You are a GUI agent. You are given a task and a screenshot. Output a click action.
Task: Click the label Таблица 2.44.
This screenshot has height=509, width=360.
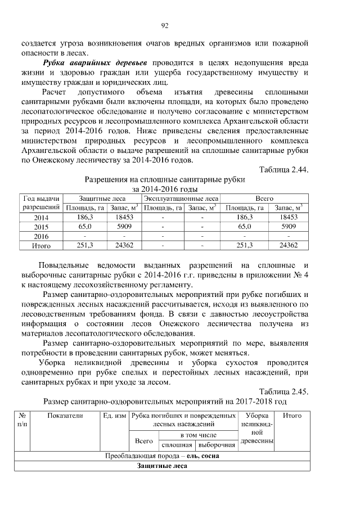283,169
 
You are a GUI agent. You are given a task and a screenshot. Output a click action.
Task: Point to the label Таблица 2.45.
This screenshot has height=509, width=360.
283,391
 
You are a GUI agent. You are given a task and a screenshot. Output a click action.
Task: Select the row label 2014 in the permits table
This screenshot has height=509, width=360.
41,217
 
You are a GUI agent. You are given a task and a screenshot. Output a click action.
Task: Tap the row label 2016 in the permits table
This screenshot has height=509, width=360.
41,236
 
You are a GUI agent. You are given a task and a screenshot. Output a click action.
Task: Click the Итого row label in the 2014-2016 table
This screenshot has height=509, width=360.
41,246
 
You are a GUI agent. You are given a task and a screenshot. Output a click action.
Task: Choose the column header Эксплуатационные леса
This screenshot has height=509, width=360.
181,199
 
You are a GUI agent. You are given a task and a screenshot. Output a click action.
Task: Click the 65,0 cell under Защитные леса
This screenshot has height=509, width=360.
85,227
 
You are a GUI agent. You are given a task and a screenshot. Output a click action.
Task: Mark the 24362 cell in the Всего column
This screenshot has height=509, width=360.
288,246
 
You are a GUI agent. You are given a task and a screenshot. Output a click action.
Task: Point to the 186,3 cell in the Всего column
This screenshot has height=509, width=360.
245,217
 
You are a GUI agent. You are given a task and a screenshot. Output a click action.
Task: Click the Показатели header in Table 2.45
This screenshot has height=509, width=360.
65,416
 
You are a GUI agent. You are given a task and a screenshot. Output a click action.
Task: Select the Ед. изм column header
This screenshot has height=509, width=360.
114,416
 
